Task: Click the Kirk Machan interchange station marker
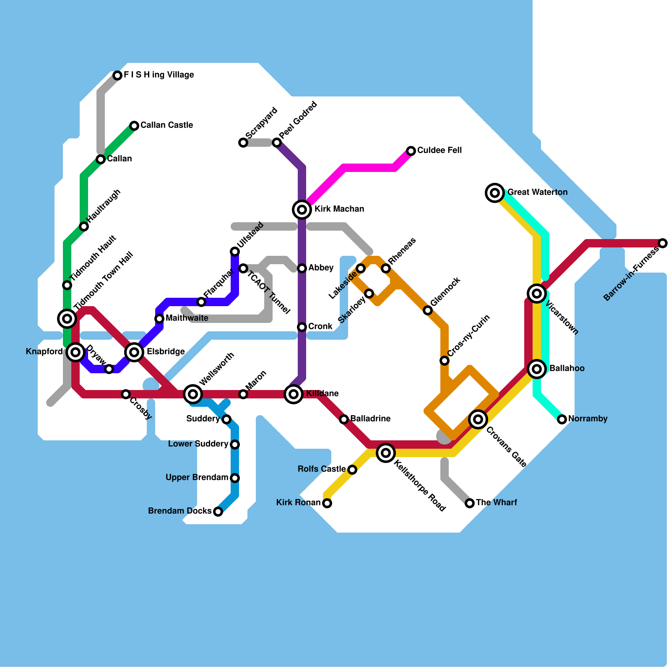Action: tap(302, 209)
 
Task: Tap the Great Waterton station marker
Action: tap(495, 192)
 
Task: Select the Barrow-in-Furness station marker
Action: tap(662, 243)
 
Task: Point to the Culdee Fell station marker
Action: tap(411, 151)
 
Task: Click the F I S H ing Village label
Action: tap(159, 75)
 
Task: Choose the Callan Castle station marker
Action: tap(134, 126)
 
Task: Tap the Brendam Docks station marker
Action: tap(218, 511)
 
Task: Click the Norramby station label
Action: tap(588, 419)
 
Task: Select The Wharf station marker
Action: tap(470, 503)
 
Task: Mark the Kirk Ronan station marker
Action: tap(327, 503)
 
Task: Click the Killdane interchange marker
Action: tap(294, 394)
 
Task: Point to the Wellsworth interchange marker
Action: tap(193, 394)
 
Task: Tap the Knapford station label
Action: tap(44, 352)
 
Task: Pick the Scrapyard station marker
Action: tap(243, 143)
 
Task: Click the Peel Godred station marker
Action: tap(277, 143)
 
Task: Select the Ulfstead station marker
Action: tap(235, 252)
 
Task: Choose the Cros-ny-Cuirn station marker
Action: tap(445, 361)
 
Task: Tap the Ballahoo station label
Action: tap(567, 369)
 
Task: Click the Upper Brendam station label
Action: tap(197, 478)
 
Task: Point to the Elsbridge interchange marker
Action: tap(134, 352)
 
